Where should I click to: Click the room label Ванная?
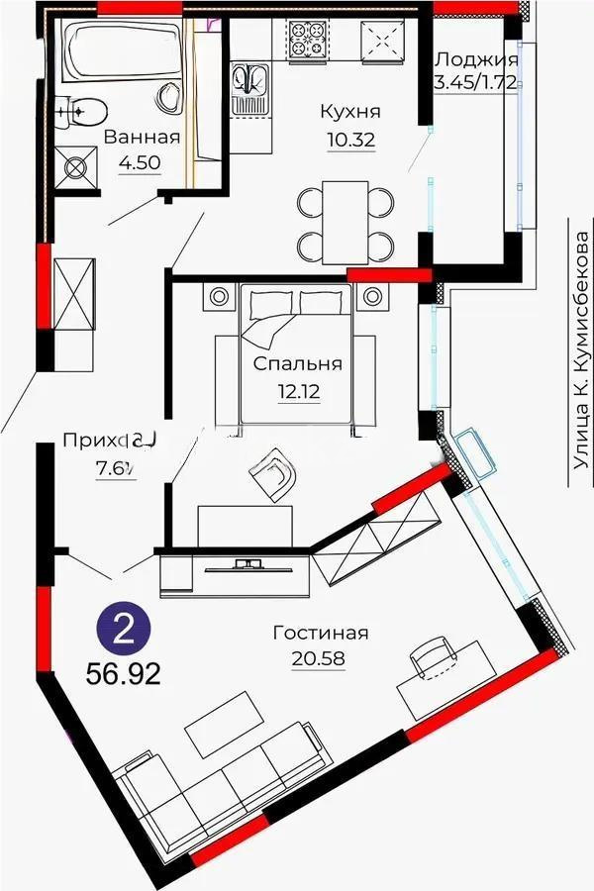[x=142, y=137]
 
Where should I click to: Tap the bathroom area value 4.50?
[x=141, y=162]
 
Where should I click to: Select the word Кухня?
[x=350, y=112]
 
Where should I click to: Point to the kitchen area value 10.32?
[x=350, y=139]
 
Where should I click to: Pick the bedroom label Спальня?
[x=297, y=363]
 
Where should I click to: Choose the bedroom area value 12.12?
[x=297, y=389]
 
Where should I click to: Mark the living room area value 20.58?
[x=318, y=657]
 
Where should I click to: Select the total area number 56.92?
[x=124, y=676]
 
